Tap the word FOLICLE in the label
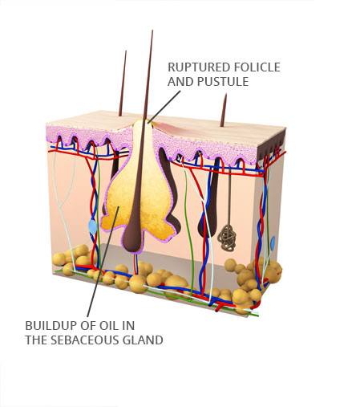pos(257,67)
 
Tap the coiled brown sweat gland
pos(227,238)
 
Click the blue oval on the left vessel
pos(93,227)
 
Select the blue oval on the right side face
pos(273,243)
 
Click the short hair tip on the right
pos(226,94)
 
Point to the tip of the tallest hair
pos(152,31)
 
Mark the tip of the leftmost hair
pos(126,51)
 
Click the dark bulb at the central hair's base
pos(133,238)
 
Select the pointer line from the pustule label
pos(164,107)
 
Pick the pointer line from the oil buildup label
pos(103,262)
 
